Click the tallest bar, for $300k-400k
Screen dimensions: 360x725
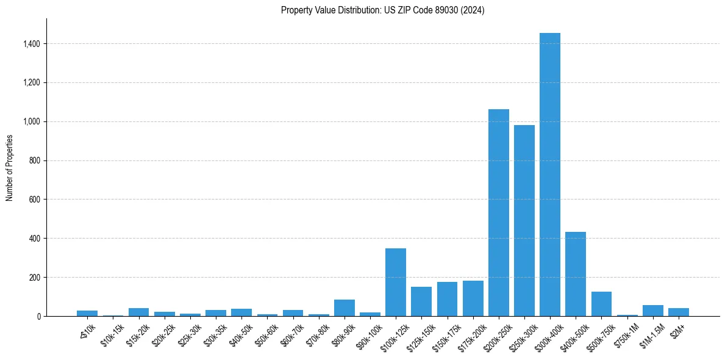point(549,175)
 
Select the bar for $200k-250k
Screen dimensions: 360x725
point(498,212)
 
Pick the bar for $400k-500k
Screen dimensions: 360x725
point(576,274)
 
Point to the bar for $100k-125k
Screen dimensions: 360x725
point(396,282)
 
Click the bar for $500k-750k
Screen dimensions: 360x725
point(601,304)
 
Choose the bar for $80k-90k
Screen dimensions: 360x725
point(344,308)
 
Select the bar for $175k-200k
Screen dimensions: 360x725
point(473,298)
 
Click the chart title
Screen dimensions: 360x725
point(382,10)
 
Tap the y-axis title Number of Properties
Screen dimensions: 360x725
point(10,167)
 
